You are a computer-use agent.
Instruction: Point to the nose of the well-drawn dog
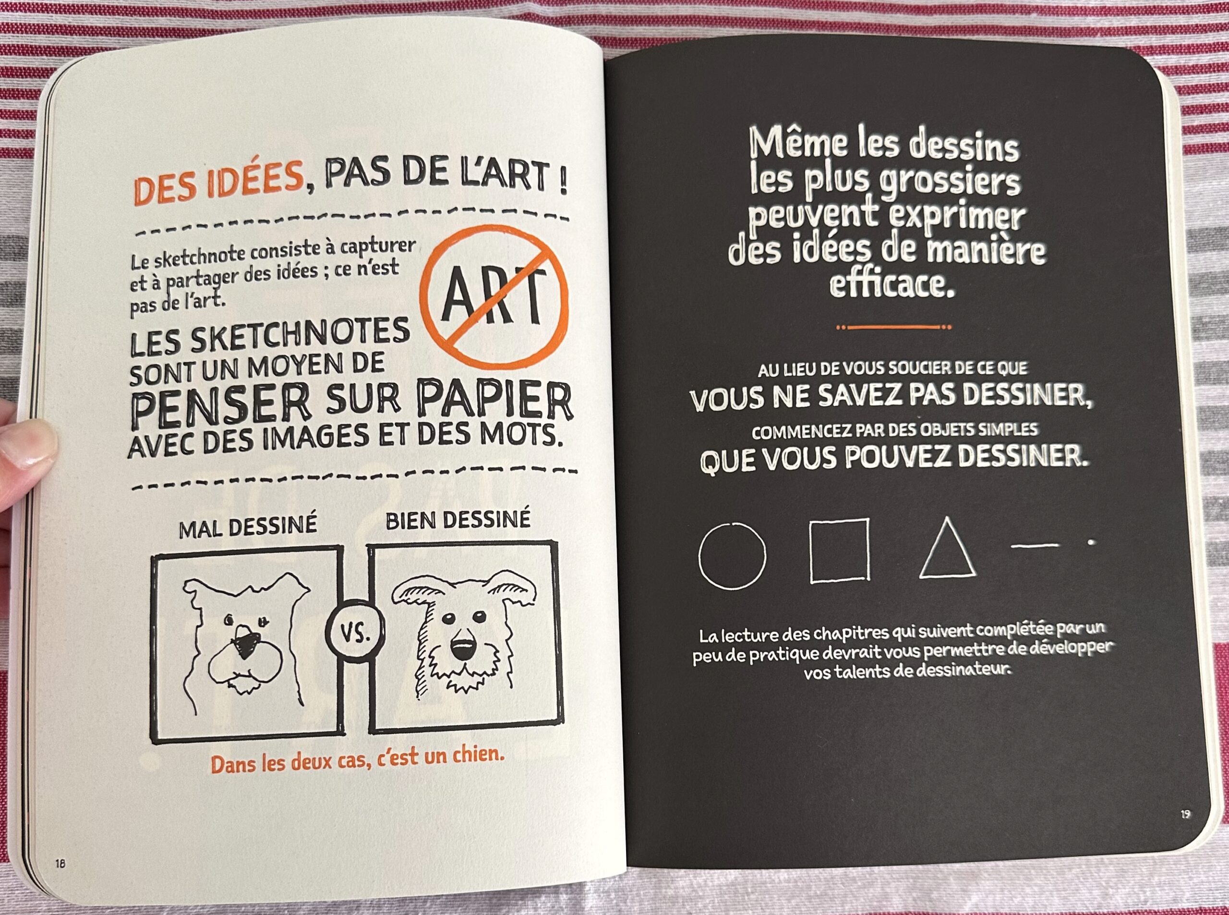[x=462, y=648]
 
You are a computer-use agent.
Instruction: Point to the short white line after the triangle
[x=1034, y=546]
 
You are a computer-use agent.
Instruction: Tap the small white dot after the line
[x=1091, y=542]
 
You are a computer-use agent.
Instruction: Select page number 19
[x=1185, y=814]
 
